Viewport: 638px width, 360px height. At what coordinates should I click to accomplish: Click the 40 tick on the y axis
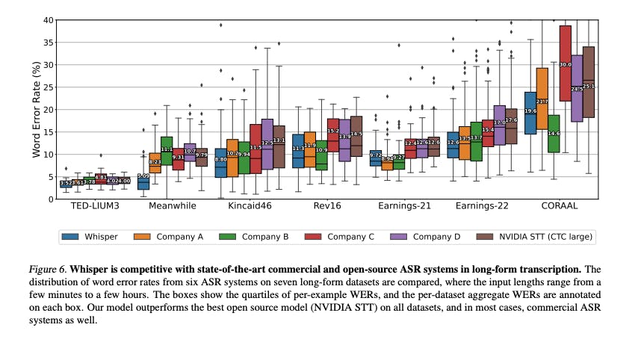tap(47, 20)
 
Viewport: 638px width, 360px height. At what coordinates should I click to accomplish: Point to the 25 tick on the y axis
tap(47, 87)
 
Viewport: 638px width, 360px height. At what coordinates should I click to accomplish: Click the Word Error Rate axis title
tap(35, 110)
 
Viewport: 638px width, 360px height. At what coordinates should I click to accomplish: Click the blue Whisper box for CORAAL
tap(530, 113)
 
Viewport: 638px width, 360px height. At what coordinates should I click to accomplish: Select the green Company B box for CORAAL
tap(554, 134)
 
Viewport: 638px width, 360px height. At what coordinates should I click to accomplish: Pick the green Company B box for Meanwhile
tap(167, 150)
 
